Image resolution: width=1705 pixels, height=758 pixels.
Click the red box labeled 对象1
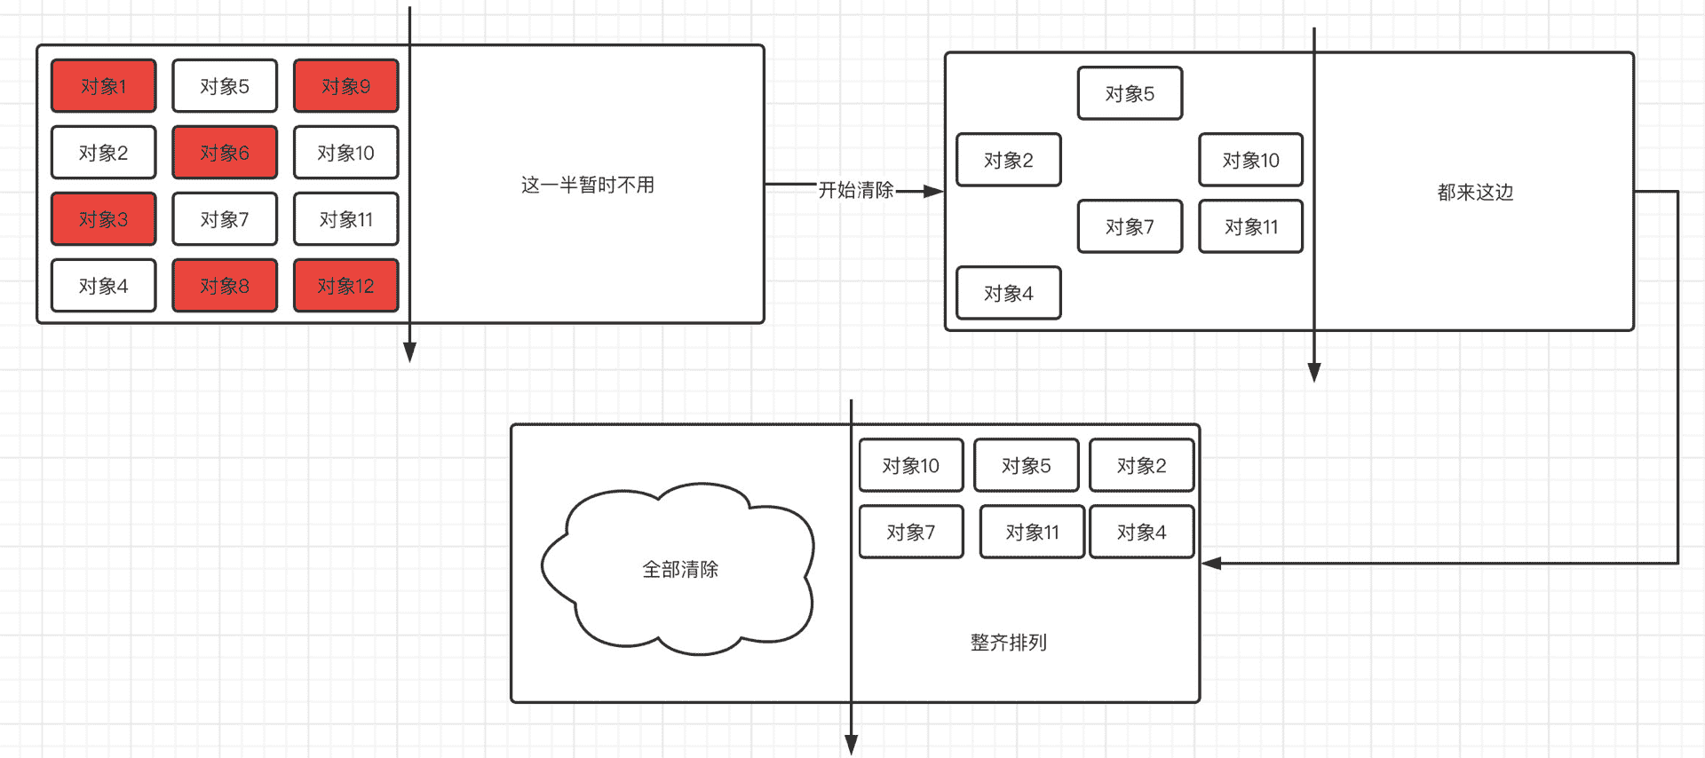[104, 86]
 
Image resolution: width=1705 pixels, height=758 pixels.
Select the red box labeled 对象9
[345, 86]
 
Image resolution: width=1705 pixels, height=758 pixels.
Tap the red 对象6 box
[225, 153]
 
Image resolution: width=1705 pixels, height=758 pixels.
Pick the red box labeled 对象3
[104, 219]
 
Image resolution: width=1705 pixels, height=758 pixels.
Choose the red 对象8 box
[225, 286]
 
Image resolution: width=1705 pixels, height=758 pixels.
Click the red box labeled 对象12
[345, 286]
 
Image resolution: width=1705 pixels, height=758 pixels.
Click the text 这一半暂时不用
[587, 185]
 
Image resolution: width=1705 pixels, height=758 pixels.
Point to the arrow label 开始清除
[856, 190]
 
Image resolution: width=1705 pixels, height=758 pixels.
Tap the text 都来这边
[1475, 192]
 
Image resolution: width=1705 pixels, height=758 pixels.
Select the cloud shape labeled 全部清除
[679, 569]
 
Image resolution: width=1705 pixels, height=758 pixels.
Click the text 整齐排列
[1008, 643]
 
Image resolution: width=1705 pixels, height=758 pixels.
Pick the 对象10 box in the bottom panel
[910, 466]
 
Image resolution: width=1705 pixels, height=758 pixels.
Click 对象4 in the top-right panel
[1008, 293]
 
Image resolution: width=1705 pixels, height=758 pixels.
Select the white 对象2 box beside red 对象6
[104, 153]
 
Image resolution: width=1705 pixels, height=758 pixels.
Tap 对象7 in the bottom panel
[910, 533]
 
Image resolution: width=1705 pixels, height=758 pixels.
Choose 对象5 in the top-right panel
[1130, 93]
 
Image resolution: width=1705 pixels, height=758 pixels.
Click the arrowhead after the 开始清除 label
[933, 191]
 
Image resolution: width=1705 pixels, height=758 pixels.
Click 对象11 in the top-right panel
[1250, 226]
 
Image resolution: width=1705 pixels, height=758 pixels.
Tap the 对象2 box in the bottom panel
[1141, 466]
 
